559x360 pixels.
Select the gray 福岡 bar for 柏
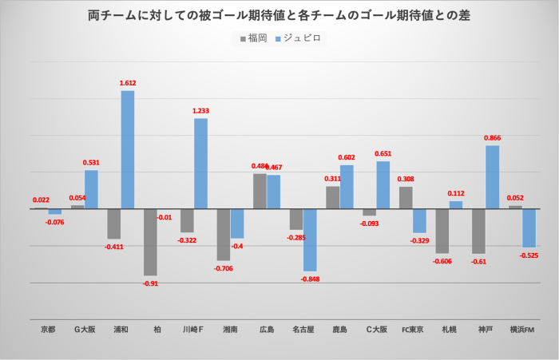pos(150,242)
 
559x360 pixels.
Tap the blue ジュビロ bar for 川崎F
pos(200,164)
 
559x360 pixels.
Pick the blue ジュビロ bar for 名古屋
pos(310,239)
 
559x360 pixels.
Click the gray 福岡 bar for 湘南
pos(223,235)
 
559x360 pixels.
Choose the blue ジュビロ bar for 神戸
pos(492,177)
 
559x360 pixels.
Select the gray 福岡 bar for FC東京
pos(406,197)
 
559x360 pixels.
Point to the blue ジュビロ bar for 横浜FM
pos(529,227)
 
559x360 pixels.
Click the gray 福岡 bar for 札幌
pos(442,231)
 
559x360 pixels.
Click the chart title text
pos(279,15)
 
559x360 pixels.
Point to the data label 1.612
pos(128,83)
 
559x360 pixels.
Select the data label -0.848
pos(310,279)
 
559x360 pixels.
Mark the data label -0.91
pos(150,283)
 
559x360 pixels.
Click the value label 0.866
pos(492,137)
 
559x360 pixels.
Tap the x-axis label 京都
pos(48,329)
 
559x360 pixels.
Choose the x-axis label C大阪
pos(376,329)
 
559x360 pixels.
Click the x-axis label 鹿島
pos(339,329)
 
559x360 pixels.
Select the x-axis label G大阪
pos(84,329)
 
